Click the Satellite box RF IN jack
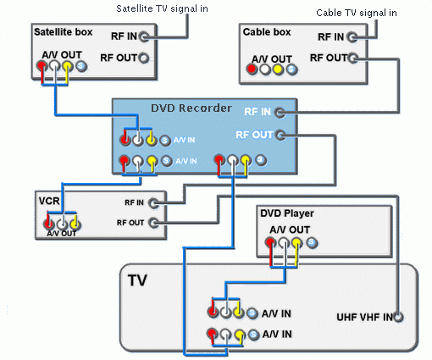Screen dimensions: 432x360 point(144,36)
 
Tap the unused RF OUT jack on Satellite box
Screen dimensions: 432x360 point(144,58)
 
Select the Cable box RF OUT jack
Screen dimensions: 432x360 point(353,58)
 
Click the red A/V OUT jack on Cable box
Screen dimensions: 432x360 point(251,69)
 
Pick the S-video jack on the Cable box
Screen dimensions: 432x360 point(291,69)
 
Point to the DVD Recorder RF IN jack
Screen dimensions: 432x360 point(280,113)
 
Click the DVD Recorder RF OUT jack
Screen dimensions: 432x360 point(280,136)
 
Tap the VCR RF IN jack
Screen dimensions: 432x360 point(154,203)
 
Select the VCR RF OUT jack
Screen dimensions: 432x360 point(154,223)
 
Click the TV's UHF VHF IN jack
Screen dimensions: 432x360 point(398,318)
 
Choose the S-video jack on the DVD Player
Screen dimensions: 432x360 point(312,242)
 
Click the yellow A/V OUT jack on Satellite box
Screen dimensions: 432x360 point(67,66)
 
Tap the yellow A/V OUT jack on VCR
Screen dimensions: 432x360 point(75,224)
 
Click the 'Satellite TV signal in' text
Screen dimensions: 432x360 point(162,8)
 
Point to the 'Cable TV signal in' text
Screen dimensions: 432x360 point(357,13)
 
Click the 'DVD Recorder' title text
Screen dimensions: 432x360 point(191,108)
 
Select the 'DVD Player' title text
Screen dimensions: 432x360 point(287,213)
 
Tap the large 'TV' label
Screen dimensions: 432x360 point(137,280)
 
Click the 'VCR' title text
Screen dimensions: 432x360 point(49,201)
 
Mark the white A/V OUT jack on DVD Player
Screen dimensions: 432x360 point(284,242)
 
